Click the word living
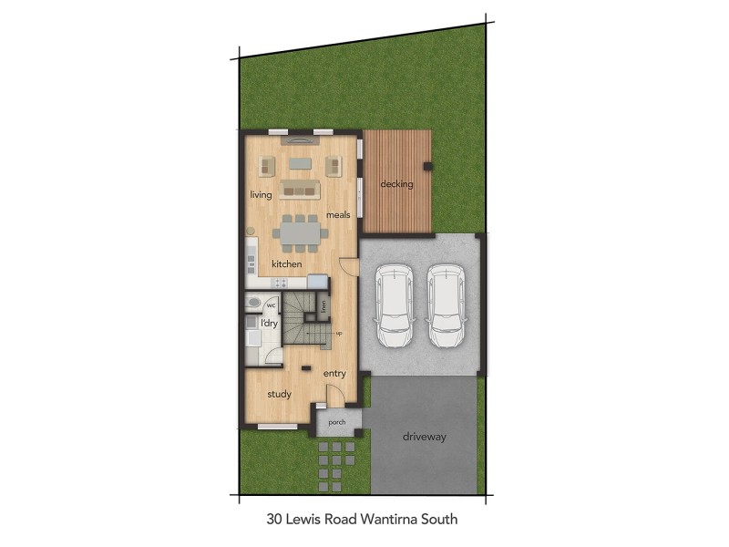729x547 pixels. (x=262, y=195)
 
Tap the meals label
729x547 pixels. (x=337, y=215)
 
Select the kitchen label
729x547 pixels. (x=286, y=264)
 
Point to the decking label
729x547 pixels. (x=396, y=184)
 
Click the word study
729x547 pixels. (x=278, y=395)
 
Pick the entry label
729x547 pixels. (x=334, y=373)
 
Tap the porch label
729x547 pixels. (x=336, y=421)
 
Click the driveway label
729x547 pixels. (x=424, y=438)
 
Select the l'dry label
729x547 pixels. (x=269, y=324)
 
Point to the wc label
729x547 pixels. (x=271, y=306)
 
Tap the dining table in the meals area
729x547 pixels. (x=300, y=234)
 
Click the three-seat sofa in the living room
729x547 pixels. (x=300, y=189)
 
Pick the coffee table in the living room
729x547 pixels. (x=300, y=164)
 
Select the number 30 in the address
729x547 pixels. (x=275, y=521)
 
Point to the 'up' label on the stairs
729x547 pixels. (x=339, y=334)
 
